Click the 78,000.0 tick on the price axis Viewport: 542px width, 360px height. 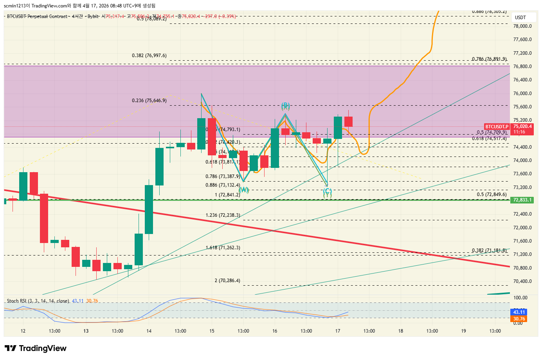pos(522,26)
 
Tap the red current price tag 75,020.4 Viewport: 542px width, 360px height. pos(522,126)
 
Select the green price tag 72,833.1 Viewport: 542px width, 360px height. pos(522,200)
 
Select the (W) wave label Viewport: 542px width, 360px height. pos(244,190)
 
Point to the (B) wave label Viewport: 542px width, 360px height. pos(285,106)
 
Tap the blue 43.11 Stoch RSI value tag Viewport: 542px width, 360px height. pos(519,312)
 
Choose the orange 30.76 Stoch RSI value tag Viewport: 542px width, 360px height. pos(519,319)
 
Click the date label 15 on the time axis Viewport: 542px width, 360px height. pos(212,331)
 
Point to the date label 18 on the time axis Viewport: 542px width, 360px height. pos(401,331)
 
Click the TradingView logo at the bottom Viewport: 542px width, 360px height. pos(36,348)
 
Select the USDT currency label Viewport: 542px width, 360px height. pos(520,18)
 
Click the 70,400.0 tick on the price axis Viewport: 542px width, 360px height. pos(522,281)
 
